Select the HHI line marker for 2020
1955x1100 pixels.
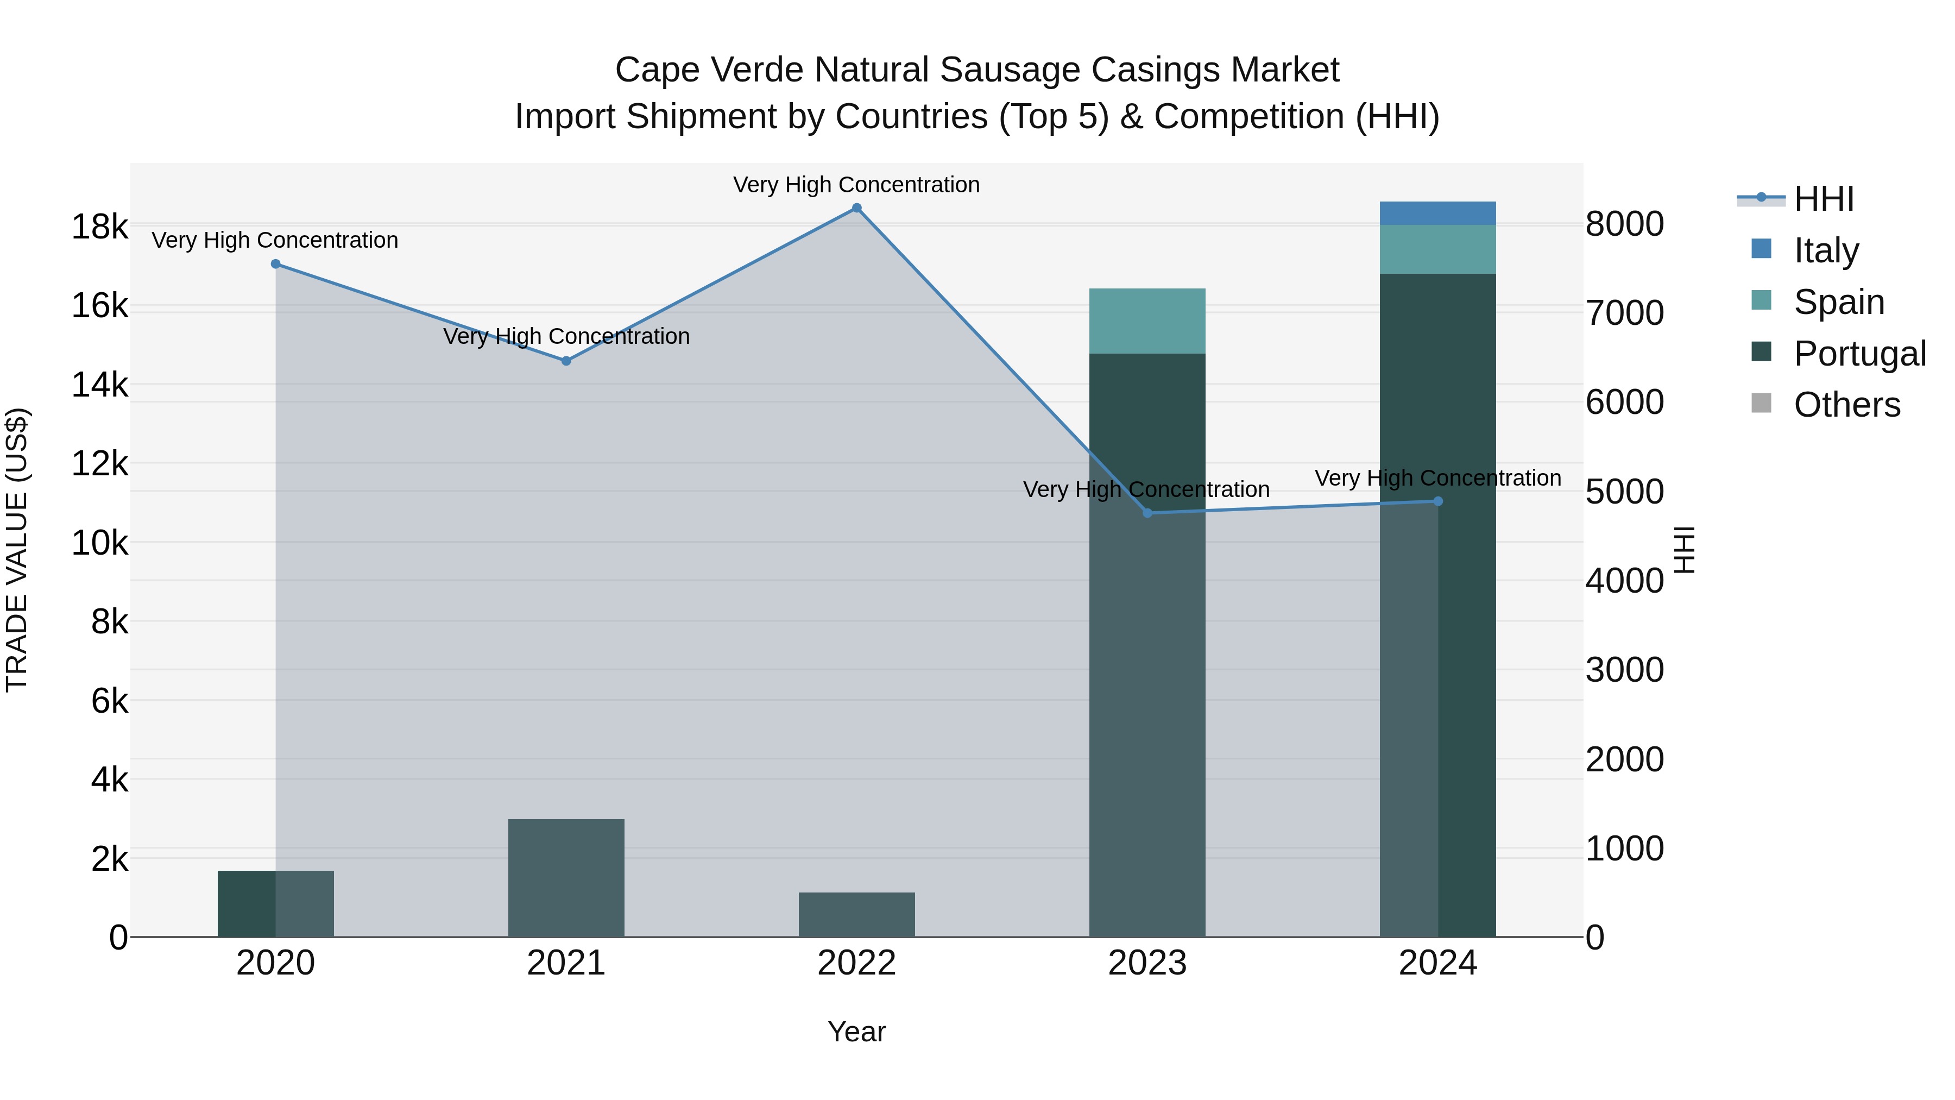pyautogui.click(x=275, y=264)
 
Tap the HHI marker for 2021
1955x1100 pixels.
pyautogui.click(x=566, y=361)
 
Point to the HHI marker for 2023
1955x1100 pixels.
pyautogui.click(x=1147, y=513)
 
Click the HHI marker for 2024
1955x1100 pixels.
pyautogui.click(x=1437, y=501)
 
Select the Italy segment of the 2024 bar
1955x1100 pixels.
pyautogui.click(x=1437, y=213)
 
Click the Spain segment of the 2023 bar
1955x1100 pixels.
pyautogui.click(x=1147, y=321)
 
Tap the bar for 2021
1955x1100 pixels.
pyautogui.click(x=566, y=878)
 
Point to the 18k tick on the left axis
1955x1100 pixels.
pyautogui.click(x=99, y=227)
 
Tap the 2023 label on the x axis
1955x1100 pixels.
pyautogui.click(x=1147, y=963)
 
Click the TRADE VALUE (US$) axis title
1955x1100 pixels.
pyautogui.click(x=17, y=550)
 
